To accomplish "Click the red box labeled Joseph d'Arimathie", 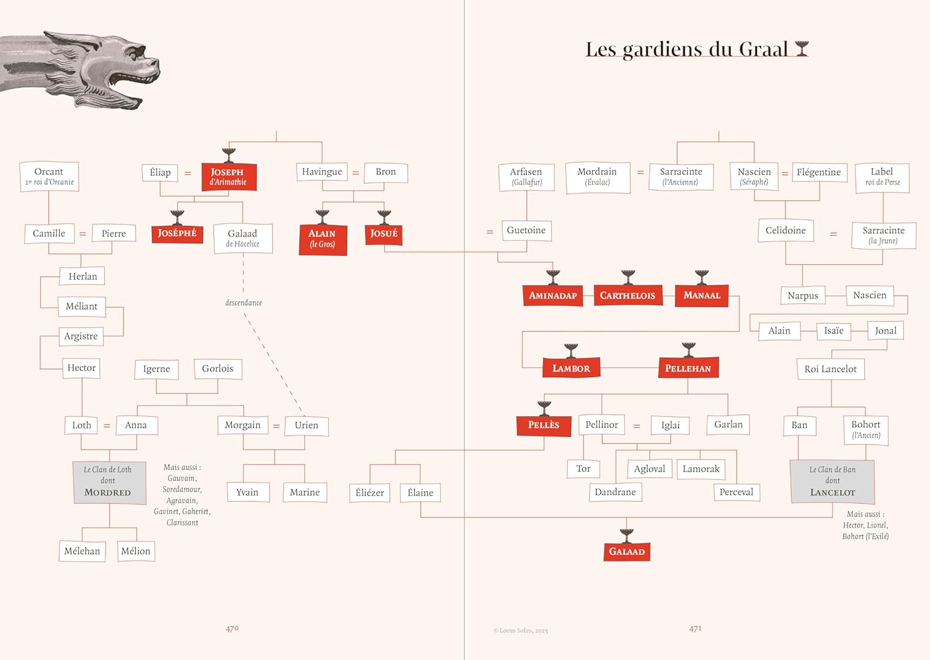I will click(228, 177).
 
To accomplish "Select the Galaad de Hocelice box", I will click(242, 238).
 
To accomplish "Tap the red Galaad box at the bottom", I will click(627, 551).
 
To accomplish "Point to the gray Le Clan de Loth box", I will click(108, 481).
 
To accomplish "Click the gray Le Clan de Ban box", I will click(833, 481).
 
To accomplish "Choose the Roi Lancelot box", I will click(830, 369).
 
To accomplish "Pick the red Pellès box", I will click(544, 425).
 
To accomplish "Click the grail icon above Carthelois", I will click(628, 276).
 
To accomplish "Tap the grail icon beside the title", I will click(802, 48).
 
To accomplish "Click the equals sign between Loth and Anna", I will click(107, 426).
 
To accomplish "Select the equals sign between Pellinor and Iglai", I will click(637, 426).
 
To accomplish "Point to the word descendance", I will click(244, 303).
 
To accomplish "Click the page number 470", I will click(232, 628).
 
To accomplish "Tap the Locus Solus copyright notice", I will click(521, 630).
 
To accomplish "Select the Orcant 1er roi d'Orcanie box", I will click(49, 176).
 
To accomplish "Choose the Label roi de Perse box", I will click(882, 177).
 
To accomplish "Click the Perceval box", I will click(736, 492).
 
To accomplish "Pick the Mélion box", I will click(136, 551).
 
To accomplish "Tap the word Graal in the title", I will click(759, 50).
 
